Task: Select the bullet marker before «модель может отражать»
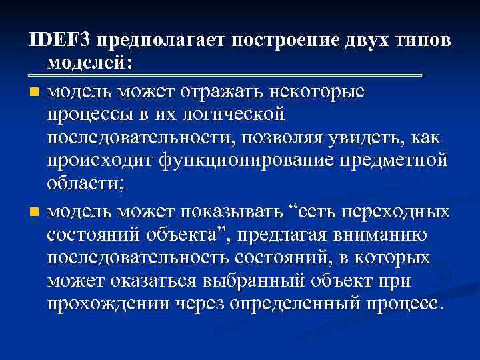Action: tap(35, 91)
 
